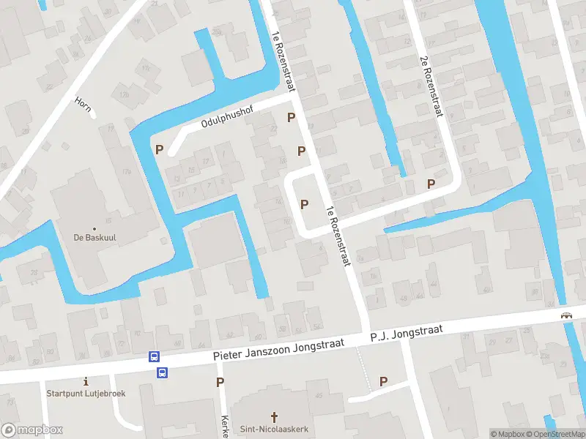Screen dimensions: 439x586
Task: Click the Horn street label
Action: point(83,105)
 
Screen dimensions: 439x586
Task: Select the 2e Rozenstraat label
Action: point(431,86)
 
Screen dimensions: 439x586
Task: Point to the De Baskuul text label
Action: point(94,237)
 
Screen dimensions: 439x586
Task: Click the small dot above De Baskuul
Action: point(94,228)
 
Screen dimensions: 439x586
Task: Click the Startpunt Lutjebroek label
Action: point(86,393)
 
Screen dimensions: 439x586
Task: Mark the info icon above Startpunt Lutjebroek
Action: point(86,381)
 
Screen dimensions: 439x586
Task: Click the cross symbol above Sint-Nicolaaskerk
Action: point(275,416)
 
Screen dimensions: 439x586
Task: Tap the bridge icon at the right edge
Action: point(566,315)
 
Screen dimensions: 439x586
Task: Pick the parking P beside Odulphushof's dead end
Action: point(159,149)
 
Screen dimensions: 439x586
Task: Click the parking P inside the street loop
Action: point(305,204)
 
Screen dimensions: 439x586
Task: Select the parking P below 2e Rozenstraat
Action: point(431,184)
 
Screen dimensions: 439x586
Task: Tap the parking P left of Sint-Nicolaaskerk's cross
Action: point(220,382)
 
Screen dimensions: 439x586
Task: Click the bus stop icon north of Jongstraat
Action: point(155,356)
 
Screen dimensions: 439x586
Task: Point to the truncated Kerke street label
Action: point(226,427)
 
